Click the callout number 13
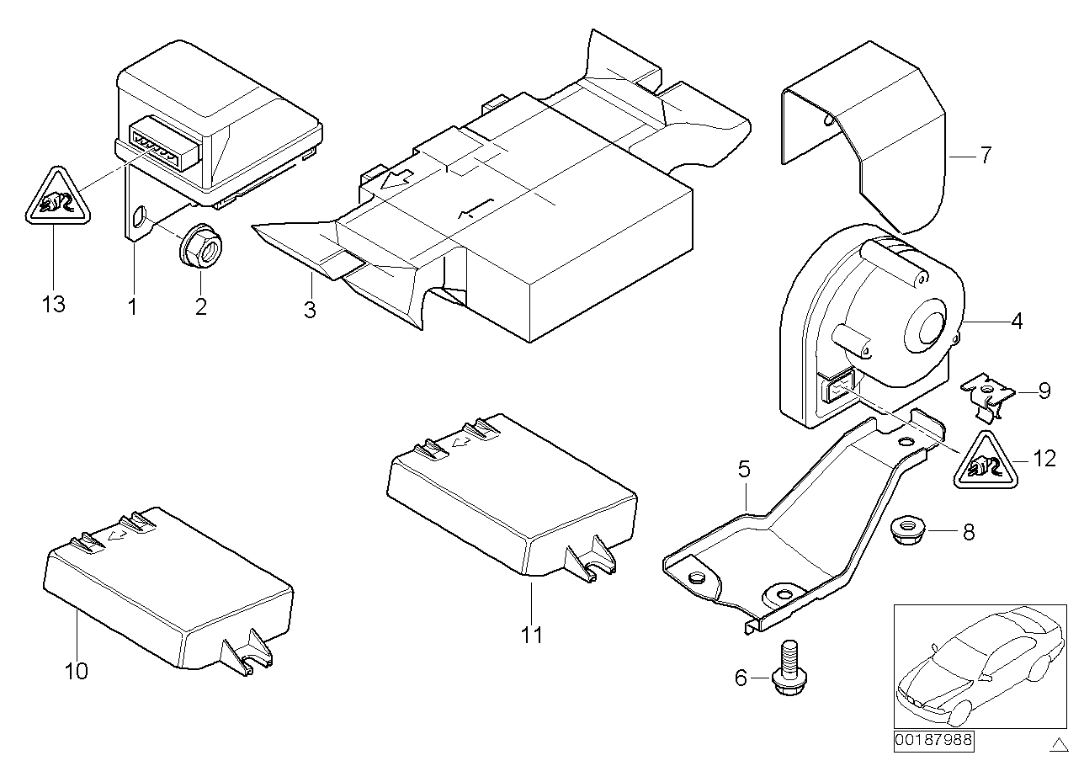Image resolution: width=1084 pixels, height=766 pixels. click(53, 304)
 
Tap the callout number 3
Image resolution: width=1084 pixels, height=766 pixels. click(310, 310)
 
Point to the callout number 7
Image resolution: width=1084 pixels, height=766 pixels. click(985, 155)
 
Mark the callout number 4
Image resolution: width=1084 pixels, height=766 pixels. click(1017, 321)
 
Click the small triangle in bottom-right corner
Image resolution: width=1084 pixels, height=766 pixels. click(1057, 742)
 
